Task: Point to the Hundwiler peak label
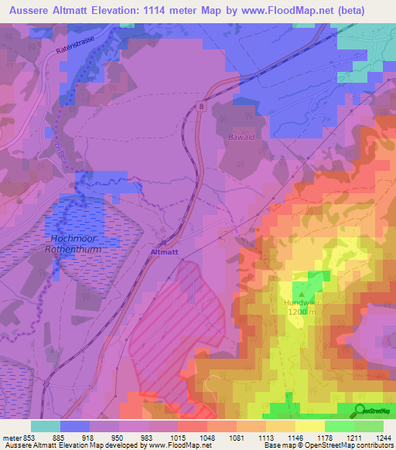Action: (x=301, y=302)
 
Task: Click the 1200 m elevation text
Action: (x=301, y=312)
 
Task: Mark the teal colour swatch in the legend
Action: (x=46, y=425)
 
